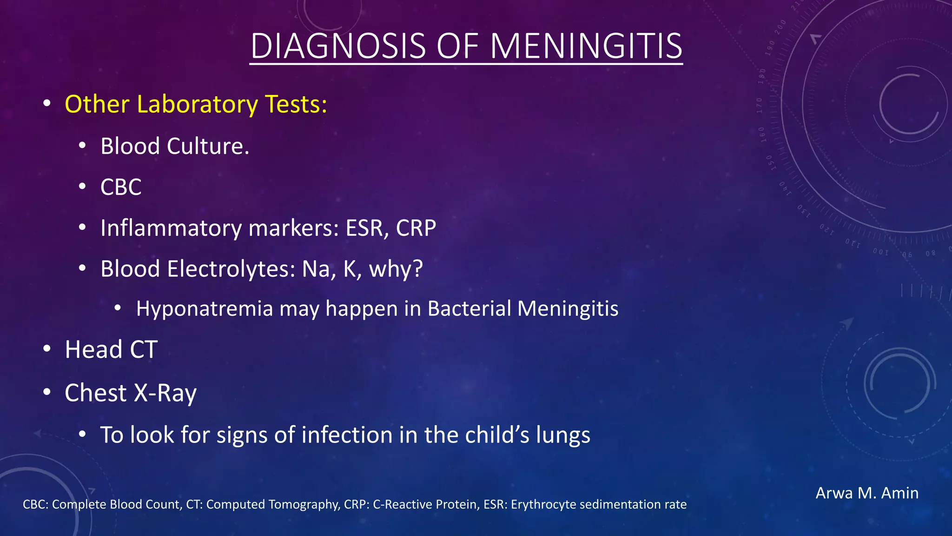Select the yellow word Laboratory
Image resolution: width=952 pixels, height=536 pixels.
(197, 104)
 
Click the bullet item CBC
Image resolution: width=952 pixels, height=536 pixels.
(121, 187)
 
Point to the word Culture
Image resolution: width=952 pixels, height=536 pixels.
(208, 146)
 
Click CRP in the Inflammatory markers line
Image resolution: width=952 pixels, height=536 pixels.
(416, 228)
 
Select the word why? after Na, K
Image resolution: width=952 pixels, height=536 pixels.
(396, 269)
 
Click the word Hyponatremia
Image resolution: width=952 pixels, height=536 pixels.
(205, 308)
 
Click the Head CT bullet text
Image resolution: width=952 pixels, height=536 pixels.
(111, 349)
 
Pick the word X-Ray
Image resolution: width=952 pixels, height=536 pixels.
(165, 393)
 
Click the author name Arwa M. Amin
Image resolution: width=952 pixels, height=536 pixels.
(867, 493)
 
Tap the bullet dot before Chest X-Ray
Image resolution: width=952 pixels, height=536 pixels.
(46, 392)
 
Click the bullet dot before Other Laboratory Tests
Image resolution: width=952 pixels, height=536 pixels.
(46, 103)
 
